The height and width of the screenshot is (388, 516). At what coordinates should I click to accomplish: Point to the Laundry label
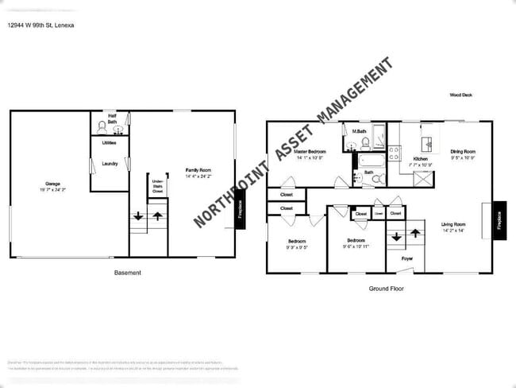point(110,164)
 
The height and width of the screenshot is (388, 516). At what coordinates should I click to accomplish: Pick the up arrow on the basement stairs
point(157,215)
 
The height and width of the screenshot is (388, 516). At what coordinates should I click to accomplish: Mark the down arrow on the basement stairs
point(138,215)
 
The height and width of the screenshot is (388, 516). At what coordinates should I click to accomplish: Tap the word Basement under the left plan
point(128,273)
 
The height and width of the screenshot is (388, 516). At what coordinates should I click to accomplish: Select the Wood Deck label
point(460,95)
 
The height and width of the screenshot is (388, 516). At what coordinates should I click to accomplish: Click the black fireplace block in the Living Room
point(499,215)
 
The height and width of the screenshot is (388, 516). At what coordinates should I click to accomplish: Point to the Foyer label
point(406,258)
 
